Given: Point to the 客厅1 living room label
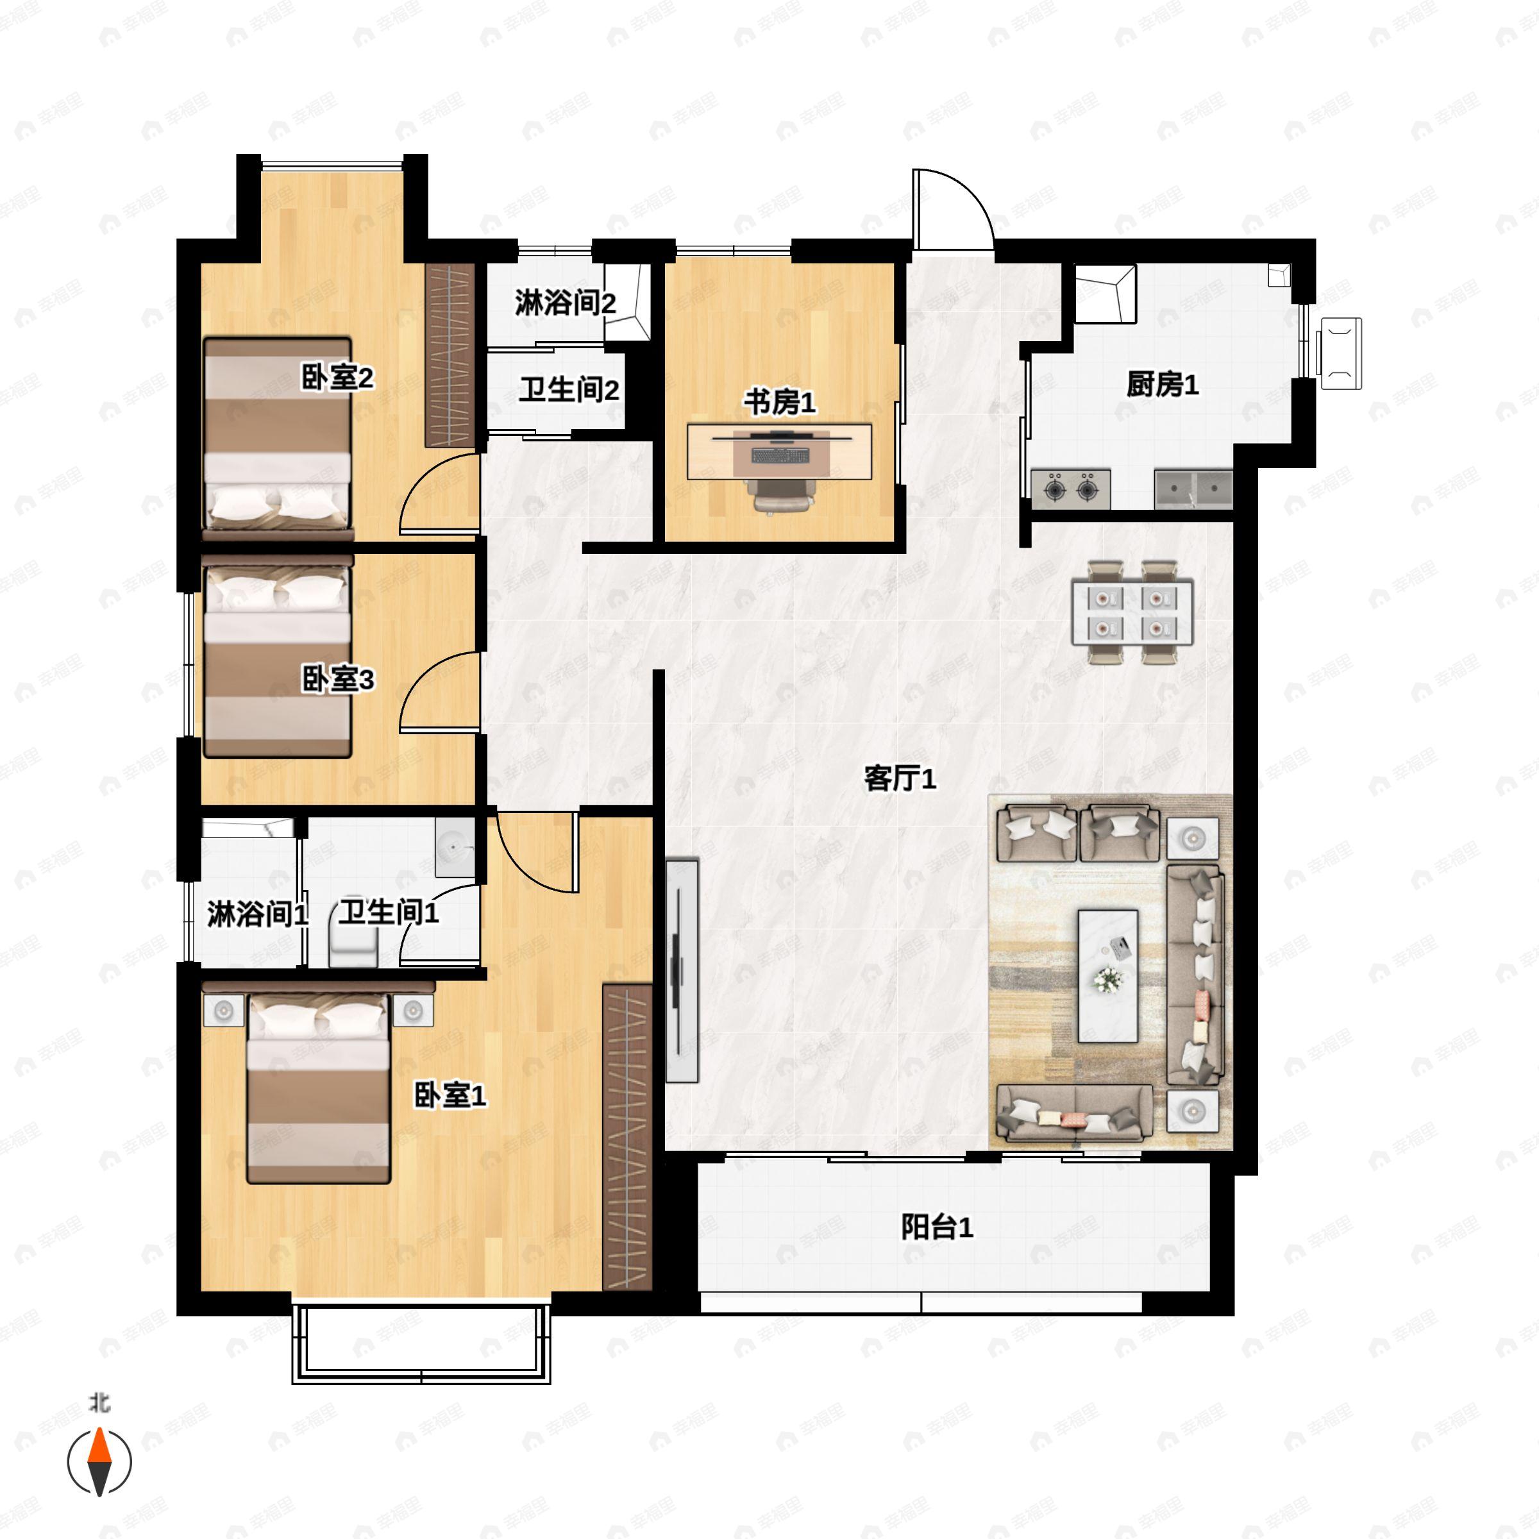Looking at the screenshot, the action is (x=900, y=778).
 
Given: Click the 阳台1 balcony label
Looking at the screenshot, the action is (x=937, y=1227).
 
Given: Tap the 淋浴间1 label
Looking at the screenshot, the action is (x=257, y=914).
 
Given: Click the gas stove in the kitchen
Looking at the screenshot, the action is (x=1071, y=488).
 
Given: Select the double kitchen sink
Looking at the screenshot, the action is (x=1193, y=488).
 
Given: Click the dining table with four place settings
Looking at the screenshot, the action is (x=1132, y=612).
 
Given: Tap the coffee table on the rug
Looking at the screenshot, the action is (x=1107, y=976).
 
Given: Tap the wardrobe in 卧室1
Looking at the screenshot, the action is (x=628, y=1138).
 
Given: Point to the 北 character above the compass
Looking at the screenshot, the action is (x=99, y=1402).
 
